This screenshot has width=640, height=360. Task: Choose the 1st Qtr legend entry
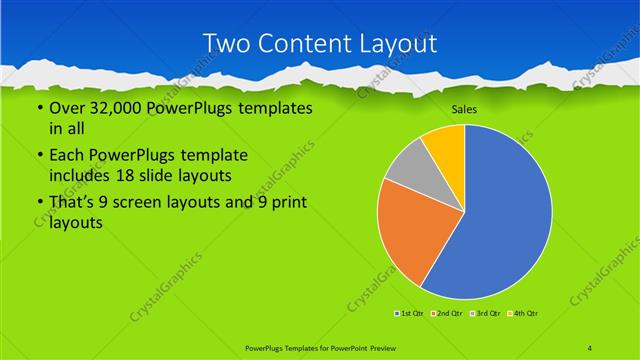(410, 314)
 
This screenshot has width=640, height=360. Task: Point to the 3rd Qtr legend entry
(487, 314)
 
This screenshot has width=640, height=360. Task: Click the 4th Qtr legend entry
(526, 314)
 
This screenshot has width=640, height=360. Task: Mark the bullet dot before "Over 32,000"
(39, 108)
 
